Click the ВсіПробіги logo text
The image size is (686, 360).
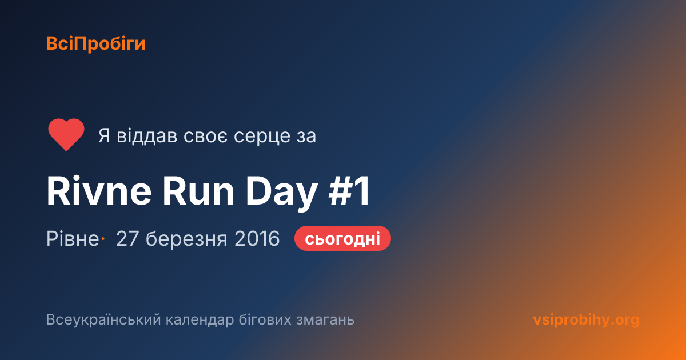click(x=95, y=44)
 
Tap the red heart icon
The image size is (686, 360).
click(x=66, y=134)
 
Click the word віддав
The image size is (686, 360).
click(x=147, y=135)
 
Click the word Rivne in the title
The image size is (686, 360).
click(x=99, y=191)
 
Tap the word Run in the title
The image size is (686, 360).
click(x=198, y=191)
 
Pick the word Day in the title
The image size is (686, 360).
click(x=282, y=194)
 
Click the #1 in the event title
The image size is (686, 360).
click(x=349, y=191)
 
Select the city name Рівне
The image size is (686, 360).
click(x=73, y=238)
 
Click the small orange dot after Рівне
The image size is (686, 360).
click(x=103, y=238)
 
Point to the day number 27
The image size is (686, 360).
click(x=127, y=238)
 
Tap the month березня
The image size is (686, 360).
click(x=186, y=238)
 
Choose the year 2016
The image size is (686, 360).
click(x=257, y=238)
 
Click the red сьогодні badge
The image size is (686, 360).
click(x=342, y=238)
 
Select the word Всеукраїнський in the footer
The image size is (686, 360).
click(x=103, y=319)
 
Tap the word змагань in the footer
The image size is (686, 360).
click(x=325, y=320)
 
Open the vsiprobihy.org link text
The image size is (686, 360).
click(x=586, y=320)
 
